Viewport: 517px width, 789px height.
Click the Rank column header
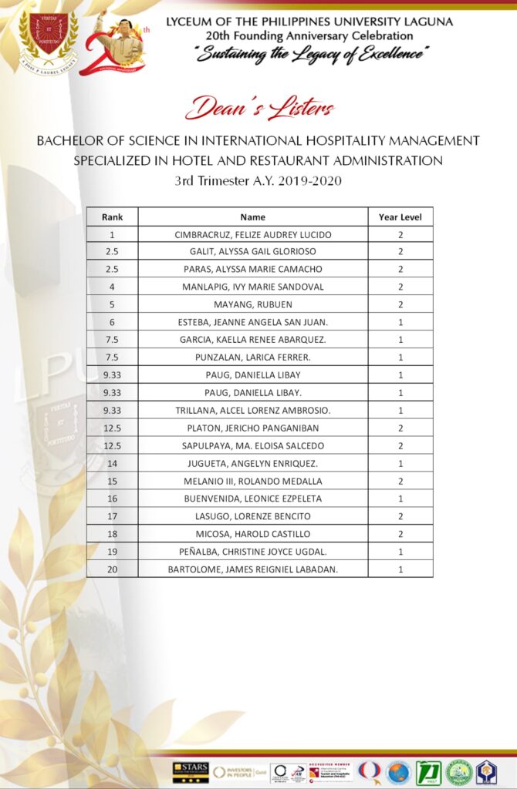(112, 217)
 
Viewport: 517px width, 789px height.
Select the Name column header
(252, 217)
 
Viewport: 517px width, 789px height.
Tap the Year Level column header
(400, 217)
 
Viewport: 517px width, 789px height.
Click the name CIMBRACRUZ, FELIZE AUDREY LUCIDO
(252, 234)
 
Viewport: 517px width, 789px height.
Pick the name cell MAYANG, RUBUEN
(252, 304)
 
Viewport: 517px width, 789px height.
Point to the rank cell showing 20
(112, 569)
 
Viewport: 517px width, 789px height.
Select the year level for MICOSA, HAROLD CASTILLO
(400, 534)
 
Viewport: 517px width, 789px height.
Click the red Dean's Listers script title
(259, 108)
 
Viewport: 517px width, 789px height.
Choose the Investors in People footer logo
(239, 771)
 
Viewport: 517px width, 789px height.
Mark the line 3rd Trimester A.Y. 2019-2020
(258, 181)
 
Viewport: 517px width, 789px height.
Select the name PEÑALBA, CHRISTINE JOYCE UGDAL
(252, 552)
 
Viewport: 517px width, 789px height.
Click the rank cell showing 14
(112, 463)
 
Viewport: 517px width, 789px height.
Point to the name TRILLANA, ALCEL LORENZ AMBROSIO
(252, 411)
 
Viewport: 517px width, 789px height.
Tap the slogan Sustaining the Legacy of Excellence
(313, 53)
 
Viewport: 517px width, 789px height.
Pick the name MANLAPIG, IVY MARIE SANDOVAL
(252, 287)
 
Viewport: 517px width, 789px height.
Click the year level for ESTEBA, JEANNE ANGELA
(400, 322)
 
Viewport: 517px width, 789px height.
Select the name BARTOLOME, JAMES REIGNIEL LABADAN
(252, 569)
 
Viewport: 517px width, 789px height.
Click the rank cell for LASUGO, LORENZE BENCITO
(112, 516)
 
